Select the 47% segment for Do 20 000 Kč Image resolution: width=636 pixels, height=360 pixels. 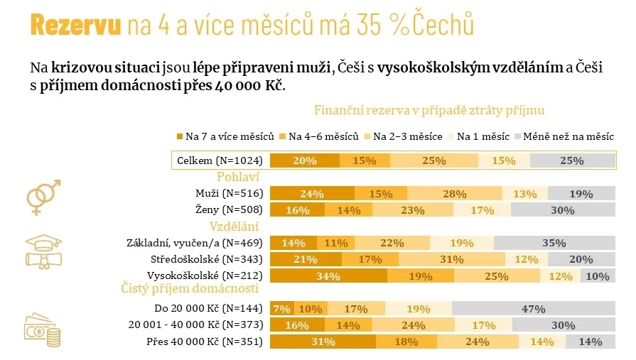(533, 309)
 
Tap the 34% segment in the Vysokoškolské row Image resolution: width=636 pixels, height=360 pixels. (328, 276)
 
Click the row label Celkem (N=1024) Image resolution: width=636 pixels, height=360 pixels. (220, 160)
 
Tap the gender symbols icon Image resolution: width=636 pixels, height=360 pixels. (44, 197)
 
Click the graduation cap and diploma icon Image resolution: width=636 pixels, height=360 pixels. (45, 249)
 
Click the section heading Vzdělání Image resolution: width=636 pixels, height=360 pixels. (233, 227)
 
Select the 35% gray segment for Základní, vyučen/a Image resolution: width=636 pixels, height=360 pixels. (553, 243)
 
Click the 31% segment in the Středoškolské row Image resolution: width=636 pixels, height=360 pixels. (452, 259)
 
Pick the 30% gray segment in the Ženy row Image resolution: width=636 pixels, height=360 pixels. (563, 209)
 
